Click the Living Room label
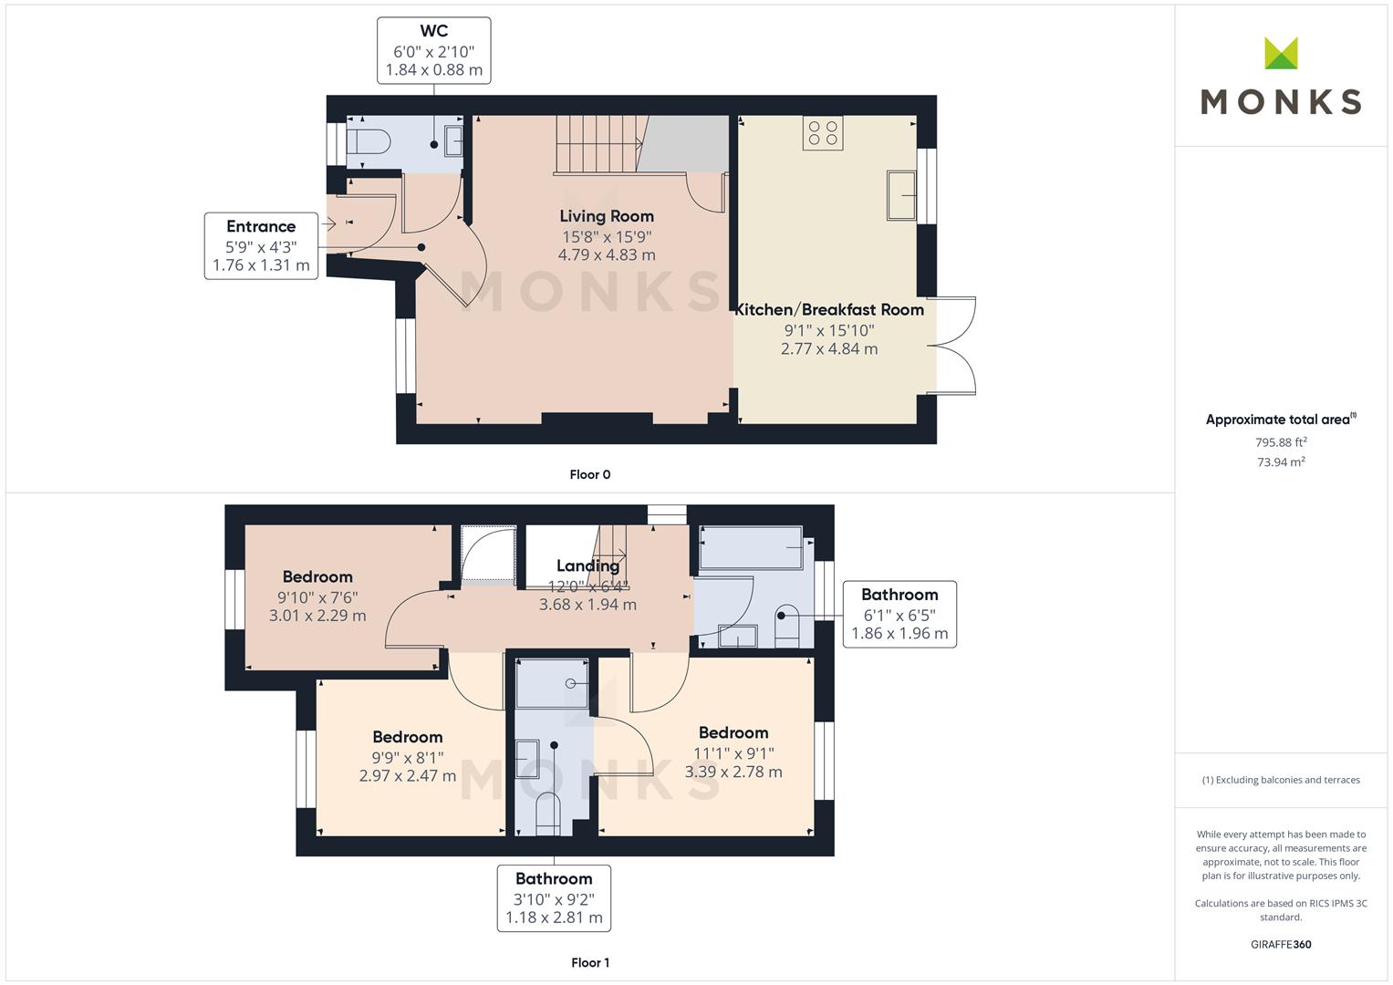607,216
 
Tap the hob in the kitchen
822,132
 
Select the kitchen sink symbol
902,195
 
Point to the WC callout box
433,50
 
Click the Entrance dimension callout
261,245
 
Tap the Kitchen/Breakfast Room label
829,310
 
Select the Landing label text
587,565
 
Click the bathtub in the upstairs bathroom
751,548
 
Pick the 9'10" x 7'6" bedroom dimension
317,597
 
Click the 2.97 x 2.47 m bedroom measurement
408,776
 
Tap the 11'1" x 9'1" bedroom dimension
733,753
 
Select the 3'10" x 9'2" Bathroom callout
554,898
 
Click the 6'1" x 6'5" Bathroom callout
899,614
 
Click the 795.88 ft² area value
1281,442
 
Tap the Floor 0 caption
589,474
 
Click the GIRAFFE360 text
1281,944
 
